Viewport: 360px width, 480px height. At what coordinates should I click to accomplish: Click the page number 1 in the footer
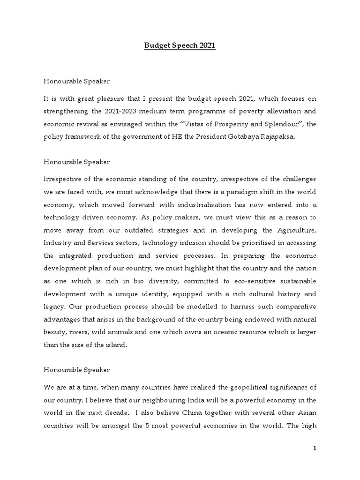(x=315, y=449)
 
